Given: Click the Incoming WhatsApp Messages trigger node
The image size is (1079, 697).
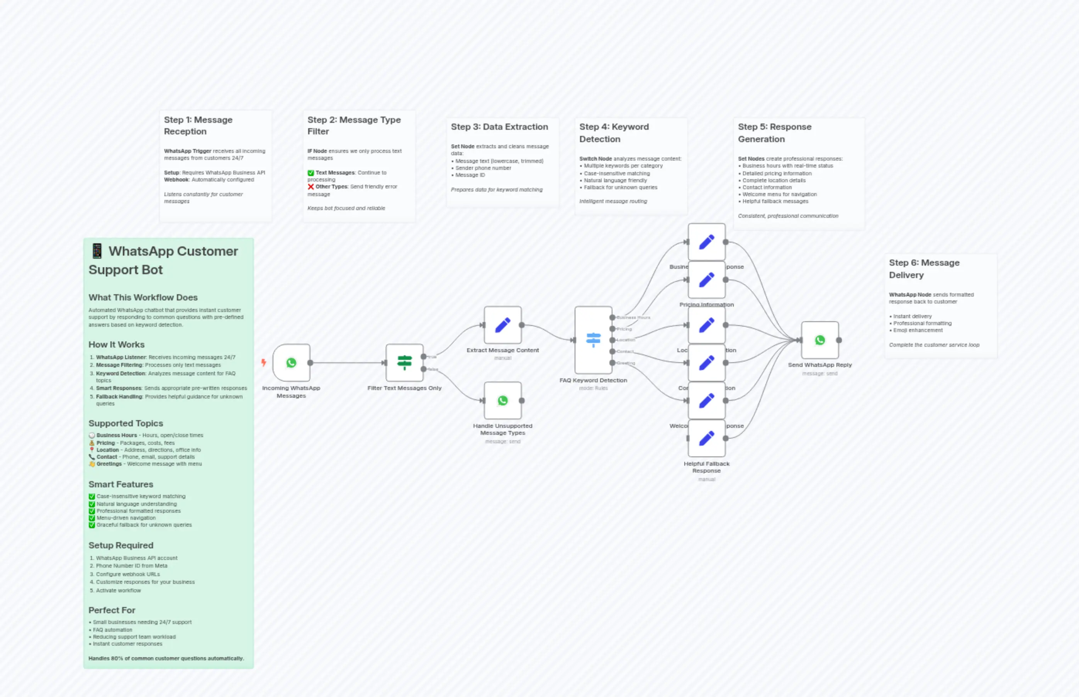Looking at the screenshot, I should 291,363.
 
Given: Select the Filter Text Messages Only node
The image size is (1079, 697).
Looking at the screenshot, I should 404,363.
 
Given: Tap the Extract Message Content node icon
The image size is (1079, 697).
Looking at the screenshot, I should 502,325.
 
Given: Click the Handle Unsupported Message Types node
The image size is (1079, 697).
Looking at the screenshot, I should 502,400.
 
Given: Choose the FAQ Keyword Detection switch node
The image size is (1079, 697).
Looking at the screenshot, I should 593,340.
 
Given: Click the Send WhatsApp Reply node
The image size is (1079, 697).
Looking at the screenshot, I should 819,340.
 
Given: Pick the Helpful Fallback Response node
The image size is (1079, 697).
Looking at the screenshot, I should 706,438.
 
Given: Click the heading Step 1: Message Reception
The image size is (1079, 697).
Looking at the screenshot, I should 198,125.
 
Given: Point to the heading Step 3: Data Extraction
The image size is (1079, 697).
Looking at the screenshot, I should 499,127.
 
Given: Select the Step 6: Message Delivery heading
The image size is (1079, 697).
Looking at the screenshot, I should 924,268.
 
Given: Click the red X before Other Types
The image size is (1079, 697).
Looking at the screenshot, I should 310,187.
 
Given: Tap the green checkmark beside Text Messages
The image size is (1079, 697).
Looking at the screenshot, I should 310,173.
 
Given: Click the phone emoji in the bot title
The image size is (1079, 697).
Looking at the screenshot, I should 97,251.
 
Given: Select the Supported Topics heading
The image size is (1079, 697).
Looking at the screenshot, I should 126,423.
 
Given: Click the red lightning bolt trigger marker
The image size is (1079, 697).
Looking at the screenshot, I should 263,363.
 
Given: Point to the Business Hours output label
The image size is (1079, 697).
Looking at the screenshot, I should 633,318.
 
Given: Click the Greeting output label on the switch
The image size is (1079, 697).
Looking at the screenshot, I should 626,363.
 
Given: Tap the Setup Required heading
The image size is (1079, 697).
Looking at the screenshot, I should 121,545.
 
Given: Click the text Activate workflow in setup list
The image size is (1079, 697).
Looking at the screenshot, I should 118,590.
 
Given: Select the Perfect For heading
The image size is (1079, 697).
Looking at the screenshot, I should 112,610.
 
